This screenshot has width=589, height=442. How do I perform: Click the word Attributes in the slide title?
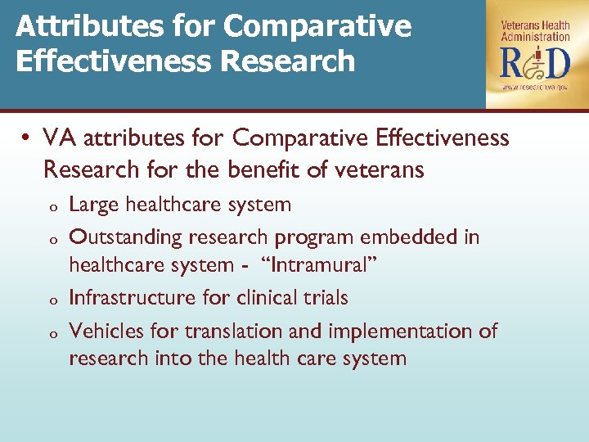[x=78, y=27]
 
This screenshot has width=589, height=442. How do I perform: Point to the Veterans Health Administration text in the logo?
[x=535, y=30]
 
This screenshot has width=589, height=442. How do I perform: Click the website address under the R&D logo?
[x=535, y=86]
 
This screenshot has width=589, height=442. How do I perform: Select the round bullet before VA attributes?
[x=27, y=138]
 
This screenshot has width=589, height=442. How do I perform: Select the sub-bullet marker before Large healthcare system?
[x=50, y=206]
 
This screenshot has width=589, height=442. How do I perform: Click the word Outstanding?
[x=126, y=237]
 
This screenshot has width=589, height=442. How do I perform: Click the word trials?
[x=324, y=298]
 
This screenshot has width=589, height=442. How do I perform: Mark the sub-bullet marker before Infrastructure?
[x=50, y=300]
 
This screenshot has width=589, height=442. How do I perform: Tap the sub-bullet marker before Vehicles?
[x=50, y=334]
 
